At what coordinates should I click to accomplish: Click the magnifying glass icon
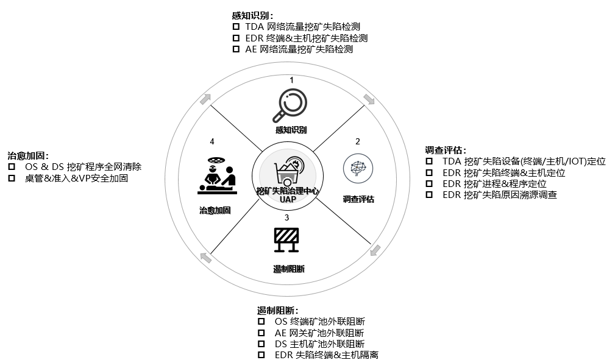click(x=290, y=105)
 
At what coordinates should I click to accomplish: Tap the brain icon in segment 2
click(x=358, y=168)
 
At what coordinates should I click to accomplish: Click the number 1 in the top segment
click(x=291, y=80)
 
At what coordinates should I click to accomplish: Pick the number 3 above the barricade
click(x=286, y=217)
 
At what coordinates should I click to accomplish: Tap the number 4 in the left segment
click(x=212, y=141)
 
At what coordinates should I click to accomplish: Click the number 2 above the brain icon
click(x=358, y=141)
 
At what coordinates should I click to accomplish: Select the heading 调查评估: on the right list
click(x=446, y=150)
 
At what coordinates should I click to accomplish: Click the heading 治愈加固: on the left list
click(x=28, y=156)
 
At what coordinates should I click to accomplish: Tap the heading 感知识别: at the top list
click(x=252, y=16)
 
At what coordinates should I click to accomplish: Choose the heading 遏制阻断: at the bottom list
click(x=278, y=311)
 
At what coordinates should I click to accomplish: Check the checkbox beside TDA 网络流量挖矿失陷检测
click(x=236, y=27)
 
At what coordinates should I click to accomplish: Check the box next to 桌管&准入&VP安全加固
click(x=12, y=178)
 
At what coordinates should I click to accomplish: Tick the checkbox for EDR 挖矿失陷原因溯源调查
click(x=430, y=194)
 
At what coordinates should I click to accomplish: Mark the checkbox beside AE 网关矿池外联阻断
click(x=261, y=333)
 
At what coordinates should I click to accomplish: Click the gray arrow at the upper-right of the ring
click(x=369, y=99)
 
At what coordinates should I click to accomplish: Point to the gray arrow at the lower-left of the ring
click(x=206, y=258)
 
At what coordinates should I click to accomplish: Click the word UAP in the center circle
click(x=288, y=199)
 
